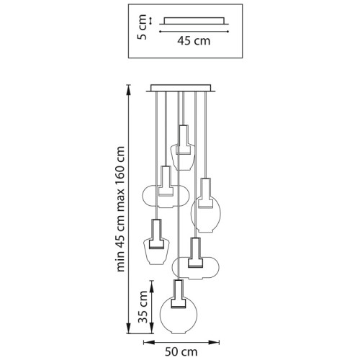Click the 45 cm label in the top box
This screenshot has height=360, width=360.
(x=194, y=41)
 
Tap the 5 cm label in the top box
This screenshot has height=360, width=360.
(x=142, y=27)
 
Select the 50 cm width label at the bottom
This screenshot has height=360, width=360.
(x=181, y=352)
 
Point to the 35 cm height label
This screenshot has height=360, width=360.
(x=143, y=307)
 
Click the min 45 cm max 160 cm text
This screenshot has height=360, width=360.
(x=120, y=209)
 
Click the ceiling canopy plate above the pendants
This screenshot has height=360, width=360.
(x=181, y=88)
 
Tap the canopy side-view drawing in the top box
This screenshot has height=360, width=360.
(x=194, y=21)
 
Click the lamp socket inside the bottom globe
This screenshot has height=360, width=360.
(x=178, y=294)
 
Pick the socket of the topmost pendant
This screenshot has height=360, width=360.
(x=183, y=140)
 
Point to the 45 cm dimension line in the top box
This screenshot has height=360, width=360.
(x=194, y=31)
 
